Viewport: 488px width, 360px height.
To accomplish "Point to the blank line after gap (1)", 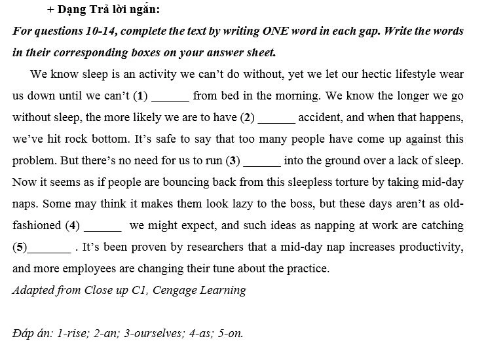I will pos(170,96).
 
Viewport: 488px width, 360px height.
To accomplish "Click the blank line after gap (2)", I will pos(276,117).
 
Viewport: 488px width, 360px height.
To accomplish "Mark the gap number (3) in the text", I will pos(233,160).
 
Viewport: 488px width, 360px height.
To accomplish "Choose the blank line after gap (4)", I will pos(103,225).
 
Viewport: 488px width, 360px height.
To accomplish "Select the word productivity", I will pos(431,247).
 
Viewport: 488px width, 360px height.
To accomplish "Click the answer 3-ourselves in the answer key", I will pos(146,333).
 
